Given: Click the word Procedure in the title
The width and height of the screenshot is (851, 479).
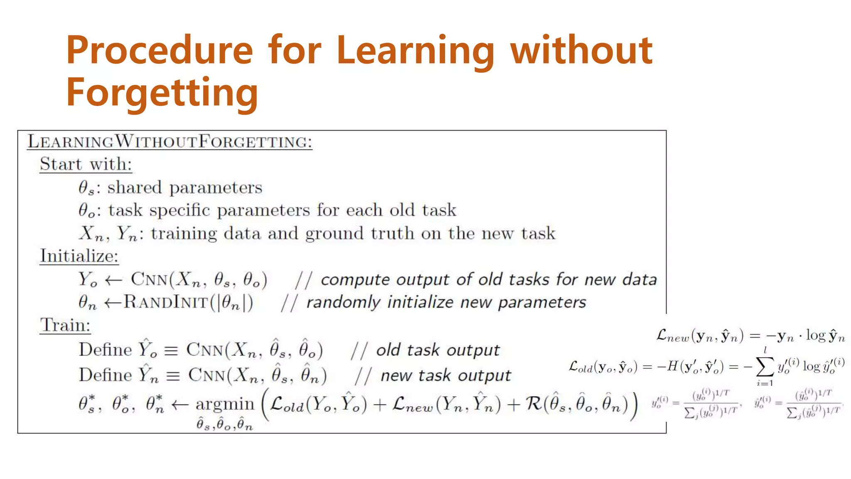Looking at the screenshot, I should pos(160,51).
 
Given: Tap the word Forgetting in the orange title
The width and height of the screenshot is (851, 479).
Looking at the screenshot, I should pos(162,93).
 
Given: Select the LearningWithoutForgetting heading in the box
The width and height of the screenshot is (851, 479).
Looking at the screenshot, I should pos(170,142).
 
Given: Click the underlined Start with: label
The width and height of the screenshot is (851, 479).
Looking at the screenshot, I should pos(86,164).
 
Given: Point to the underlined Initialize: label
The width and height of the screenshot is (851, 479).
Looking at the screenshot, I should pos(79,256).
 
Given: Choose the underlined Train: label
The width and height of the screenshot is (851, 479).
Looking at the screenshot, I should pos(65,325).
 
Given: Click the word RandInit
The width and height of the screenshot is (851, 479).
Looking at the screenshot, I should pos(166,302).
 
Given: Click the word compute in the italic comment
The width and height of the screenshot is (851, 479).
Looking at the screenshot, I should pos(354,280).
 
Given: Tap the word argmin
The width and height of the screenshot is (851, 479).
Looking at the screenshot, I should pos(225,404).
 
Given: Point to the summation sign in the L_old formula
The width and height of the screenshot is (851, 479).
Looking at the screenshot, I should pos(765,366).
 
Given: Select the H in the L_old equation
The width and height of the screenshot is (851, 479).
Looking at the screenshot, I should pos(672,366).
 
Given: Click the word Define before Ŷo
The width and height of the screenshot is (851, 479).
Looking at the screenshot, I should pos(105,350).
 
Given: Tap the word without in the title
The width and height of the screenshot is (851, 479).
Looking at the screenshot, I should pos(581,51).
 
